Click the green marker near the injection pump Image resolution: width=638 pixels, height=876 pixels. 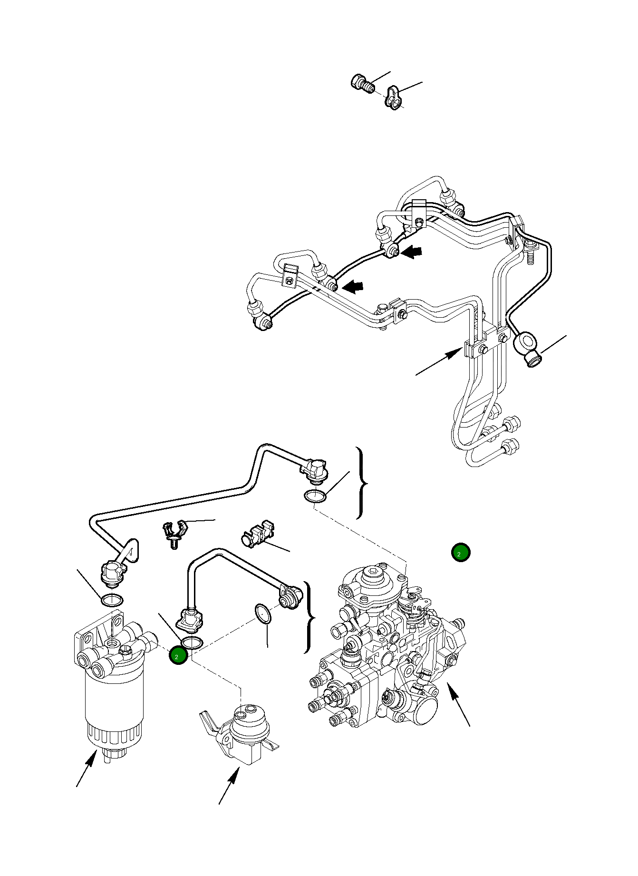click(x=460, y=552)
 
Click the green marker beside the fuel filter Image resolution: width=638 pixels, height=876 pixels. click(x=178, y=656)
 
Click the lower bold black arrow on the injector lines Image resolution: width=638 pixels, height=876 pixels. click(x=353, y=286)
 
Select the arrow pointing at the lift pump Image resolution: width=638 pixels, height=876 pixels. click(x=229, y=787)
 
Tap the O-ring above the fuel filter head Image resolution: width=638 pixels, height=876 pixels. click(x=112, y=600)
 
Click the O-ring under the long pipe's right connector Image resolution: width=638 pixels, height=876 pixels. click(x=315, y=496)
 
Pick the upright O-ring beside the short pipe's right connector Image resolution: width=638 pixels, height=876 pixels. click(x=263, y=613)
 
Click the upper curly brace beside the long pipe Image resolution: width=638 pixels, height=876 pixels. click(x=362, y=483)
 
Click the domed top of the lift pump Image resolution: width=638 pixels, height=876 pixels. click(x=251, y=720)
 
